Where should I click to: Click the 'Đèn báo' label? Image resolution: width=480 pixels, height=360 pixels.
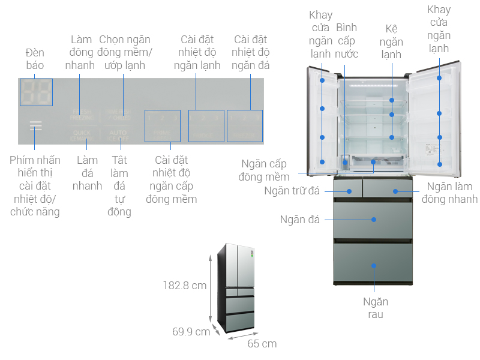[35, 58]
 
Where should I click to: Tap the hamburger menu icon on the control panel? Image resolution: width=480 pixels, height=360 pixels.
[36, 126]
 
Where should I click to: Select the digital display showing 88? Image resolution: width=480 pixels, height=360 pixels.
[36, 92]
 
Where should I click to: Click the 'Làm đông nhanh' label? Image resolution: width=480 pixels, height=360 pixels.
[80, 52]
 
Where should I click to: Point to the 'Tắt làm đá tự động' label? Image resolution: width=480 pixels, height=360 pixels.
[120, 185]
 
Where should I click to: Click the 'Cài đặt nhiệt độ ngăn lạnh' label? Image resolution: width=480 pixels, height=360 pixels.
[197, 52]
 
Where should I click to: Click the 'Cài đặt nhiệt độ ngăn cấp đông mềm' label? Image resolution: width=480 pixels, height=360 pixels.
[171, 179]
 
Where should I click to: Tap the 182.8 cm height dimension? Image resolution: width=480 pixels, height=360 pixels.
[184, 286]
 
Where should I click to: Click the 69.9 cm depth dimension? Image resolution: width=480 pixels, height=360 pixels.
[190, 331]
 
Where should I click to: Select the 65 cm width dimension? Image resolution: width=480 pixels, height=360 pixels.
[262, 344]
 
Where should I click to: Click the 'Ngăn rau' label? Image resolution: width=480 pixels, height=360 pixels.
[375, 308]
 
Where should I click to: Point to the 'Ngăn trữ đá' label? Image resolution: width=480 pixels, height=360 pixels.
[291, 191]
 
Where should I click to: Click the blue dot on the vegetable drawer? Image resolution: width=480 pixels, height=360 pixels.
[374, 265]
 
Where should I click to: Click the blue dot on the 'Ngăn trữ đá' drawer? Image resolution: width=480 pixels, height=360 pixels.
[349, 191]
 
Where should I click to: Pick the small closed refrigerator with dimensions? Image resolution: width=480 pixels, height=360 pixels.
[239, 288]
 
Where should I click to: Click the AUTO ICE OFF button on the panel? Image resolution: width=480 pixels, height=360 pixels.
[120, 134]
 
